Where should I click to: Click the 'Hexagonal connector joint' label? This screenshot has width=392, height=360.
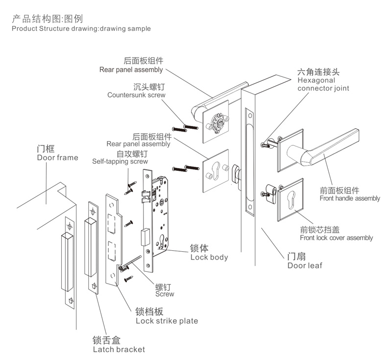pyautogui.click(x=317, y=84)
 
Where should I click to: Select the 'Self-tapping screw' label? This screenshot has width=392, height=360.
pyautogui.click(x=120, y=161)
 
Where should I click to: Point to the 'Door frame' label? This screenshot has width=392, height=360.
pyautogui.click(x=57, y=158)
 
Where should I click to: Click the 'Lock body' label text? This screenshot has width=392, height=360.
pyautogui.click(x=209, y=257)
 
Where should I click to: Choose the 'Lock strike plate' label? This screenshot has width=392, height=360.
pyautogui.click(x=167, y=321)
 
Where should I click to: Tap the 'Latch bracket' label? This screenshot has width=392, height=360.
pyautogui.click(x=119, y=349)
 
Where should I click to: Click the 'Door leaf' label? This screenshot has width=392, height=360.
pyautogui.click(x=305, y=265)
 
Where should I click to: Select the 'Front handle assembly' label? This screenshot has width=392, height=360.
pyautogui.click(x=349, y=198)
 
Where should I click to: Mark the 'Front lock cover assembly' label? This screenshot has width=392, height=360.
pyautogui.click(x=336, y=238)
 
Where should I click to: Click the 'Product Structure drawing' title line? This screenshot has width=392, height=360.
pyautogui.click(x=81, y=28)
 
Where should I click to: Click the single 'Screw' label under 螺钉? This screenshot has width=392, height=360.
pyautogui.click(x=165, y=294)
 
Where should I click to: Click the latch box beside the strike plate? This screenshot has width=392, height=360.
pyautogui.click(x=93, y=247)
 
